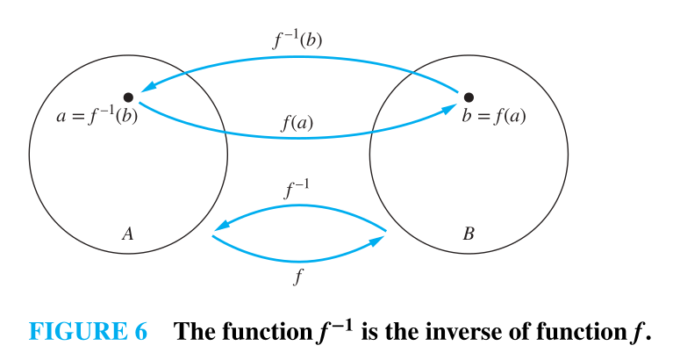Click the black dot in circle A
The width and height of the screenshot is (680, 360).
(128, 97)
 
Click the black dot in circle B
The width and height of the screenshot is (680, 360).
(469, 97)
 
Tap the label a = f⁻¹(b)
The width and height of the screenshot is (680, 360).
(97, 117)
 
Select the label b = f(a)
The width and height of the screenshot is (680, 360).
(494, 117)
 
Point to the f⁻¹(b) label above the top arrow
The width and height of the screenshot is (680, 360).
(299, 40)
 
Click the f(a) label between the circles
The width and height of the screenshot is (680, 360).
(298, 124)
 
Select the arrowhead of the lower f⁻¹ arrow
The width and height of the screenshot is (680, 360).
(219, 227)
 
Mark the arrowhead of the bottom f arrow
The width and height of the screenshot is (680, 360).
(378, 238)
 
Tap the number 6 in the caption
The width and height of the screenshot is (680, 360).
(141, 332)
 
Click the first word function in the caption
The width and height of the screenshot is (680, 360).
(262, 332)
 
